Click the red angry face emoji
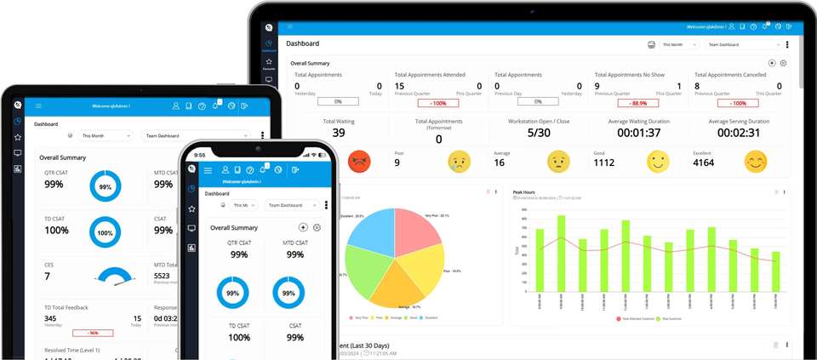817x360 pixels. click(360, 160)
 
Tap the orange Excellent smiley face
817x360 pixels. click(755, 161)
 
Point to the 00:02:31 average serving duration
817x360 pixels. click(740, 133)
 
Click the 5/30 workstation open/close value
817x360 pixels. click(539, 133)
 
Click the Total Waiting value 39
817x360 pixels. click(339, 133)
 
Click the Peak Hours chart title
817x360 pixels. click(523, 192)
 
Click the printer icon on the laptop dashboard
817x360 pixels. click(651, 44)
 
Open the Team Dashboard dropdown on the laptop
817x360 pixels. click(743, 44)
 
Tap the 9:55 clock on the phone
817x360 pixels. click(199, 155)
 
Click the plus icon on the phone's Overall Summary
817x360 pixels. click(303, 227)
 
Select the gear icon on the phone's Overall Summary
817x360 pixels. click(317, 227)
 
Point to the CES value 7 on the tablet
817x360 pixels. click(48, 276)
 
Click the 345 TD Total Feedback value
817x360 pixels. click(51, 318)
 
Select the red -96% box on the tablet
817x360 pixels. click(93, 333)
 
